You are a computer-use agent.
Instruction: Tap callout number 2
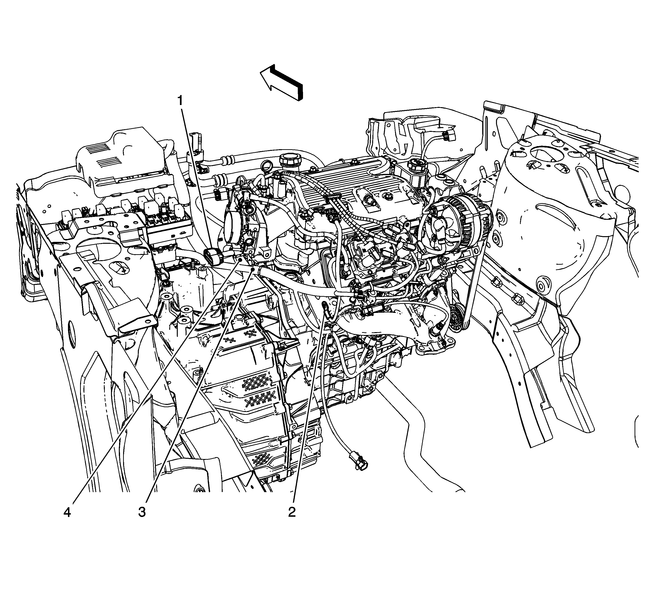[292, 512]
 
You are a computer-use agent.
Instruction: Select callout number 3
[142, 512]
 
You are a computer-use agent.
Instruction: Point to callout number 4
[67, 512]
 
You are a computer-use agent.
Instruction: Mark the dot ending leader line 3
[253, 269]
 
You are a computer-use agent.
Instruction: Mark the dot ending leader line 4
[240, 259]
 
